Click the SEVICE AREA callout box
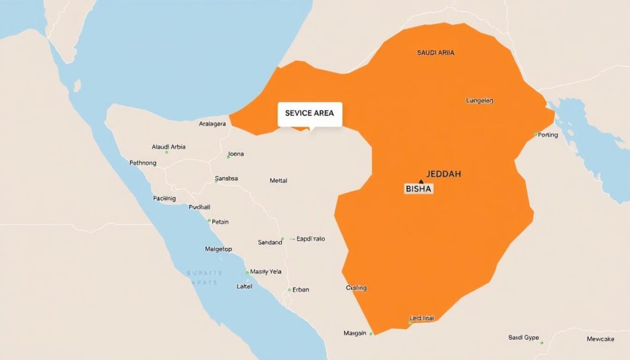[x=310, y=114]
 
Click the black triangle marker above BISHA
[x=420, y=182]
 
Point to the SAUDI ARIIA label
[x=436, y=54]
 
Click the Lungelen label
[x=476, y=100]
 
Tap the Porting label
[x=548, y=135]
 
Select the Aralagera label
[x=212, y=124]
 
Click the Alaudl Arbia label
[x=169, y=147]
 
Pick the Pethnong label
[x=143, y=163]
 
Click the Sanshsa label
[x=226, y=178]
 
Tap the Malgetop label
[x=218, y=249]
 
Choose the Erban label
[x=301, y=289]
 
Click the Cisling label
[x=356, y=287]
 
